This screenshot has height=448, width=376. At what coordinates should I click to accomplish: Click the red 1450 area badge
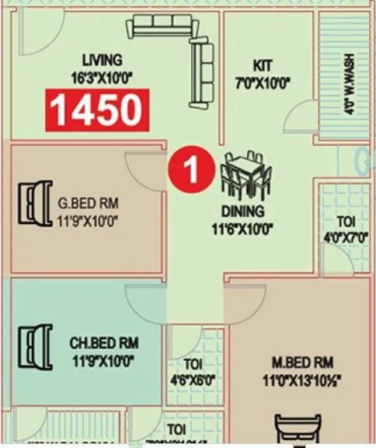pyautogui.click(x=97, y=109)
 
